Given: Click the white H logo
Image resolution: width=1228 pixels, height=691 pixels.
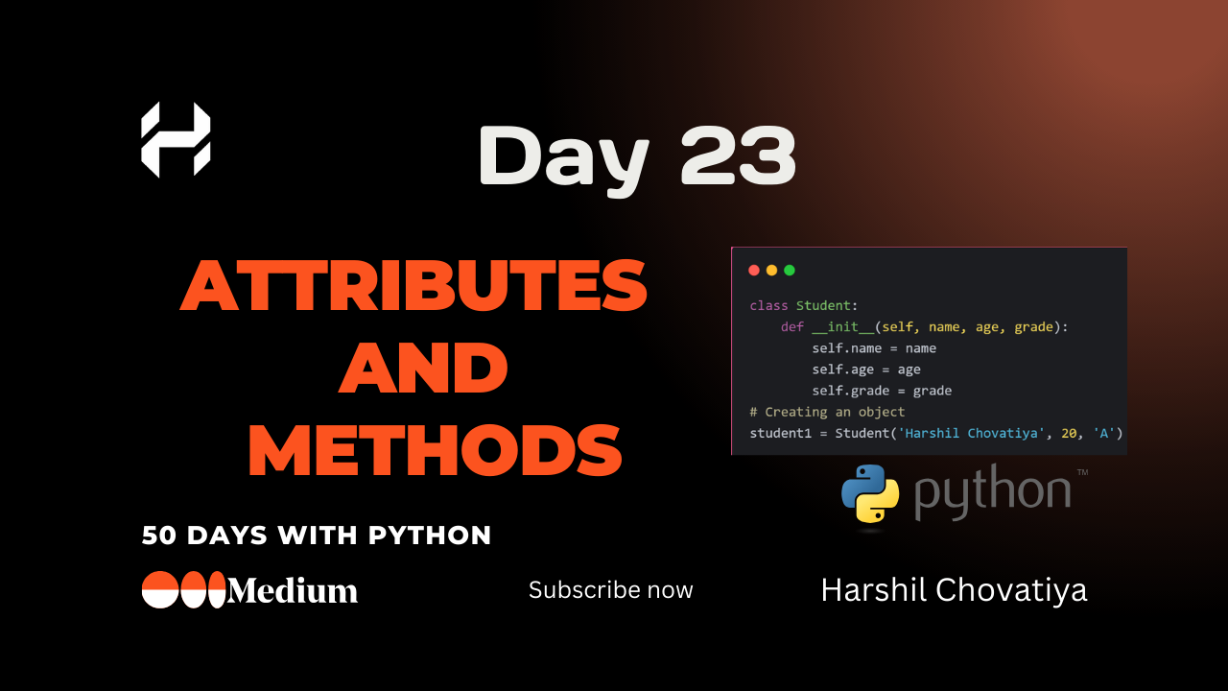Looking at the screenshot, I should [x=176, y=139].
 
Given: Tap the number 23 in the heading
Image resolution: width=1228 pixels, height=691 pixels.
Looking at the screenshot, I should [x=738, y=155].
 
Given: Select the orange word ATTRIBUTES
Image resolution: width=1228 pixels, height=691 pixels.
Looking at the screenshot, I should [x=413, y=288].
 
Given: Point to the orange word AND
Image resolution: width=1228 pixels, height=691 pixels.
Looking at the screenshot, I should [x=423, y=369].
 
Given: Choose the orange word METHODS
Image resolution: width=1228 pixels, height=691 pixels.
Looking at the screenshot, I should [x=435, y=450].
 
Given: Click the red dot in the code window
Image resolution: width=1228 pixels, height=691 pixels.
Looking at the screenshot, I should [x=753, y=271].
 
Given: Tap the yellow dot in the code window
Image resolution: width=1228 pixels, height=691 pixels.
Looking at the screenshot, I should [x=771, y=271].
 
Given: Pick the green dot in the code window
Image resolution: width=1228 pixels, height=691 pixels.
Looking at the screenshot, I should [x=790, y=271].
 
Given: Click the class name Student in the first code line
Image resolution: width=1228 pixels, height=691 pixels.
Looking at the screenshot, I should [x=823, y=306].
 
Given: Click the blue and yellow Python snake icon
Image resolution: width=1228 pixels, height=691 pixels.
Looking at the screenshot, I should [x=870, y=493].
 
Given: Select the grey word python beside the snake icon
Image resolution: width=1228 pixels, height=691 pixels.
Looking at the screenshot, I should [x=992, y=490].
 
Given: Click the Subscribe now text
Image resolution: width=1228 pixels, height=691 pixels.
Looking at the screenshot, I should [x=610, y=590].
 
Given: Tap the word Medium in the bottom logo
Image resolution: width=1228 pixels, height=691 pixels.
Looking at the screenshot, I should [x=293, y=591].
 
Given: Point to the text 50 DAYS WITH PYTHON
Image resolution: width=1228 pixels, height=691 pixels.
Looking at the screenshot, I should [x=317, y=536].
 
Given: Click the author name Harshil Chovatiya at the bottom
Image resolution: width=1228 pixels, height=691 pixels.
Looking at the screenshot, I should [x=954, y=590].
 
